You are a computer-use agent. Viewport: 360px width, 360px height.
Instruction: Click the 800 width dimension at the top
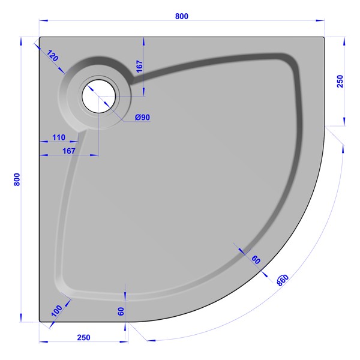point(182,16)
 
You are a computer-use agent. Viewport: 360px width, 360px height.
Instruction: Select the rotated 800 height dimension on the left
point(17,179)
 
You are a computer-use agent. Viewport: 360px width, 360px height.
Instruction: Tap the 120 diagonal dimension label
point(53,56)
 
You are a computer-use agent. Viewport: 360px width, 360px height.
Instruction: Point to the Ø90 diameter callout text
point(142,118)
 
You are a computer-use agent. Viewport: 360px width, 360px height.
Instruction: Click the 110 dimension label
point(59,137)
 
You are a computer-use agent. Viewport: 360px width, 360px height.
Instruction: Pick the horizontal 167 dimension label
point(69,151)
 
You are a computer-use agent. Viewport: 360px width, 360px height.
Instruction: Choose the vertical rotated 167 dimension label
point(140,67)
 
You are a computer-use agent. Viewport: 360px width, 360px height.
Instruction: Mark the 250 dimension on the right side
point(340,81)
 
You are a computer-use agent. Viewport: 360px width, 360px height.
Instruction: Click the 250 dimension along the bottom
point(83,337)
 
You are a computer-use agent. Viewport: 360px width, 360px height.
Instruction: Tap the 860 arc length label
point(283,280)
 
